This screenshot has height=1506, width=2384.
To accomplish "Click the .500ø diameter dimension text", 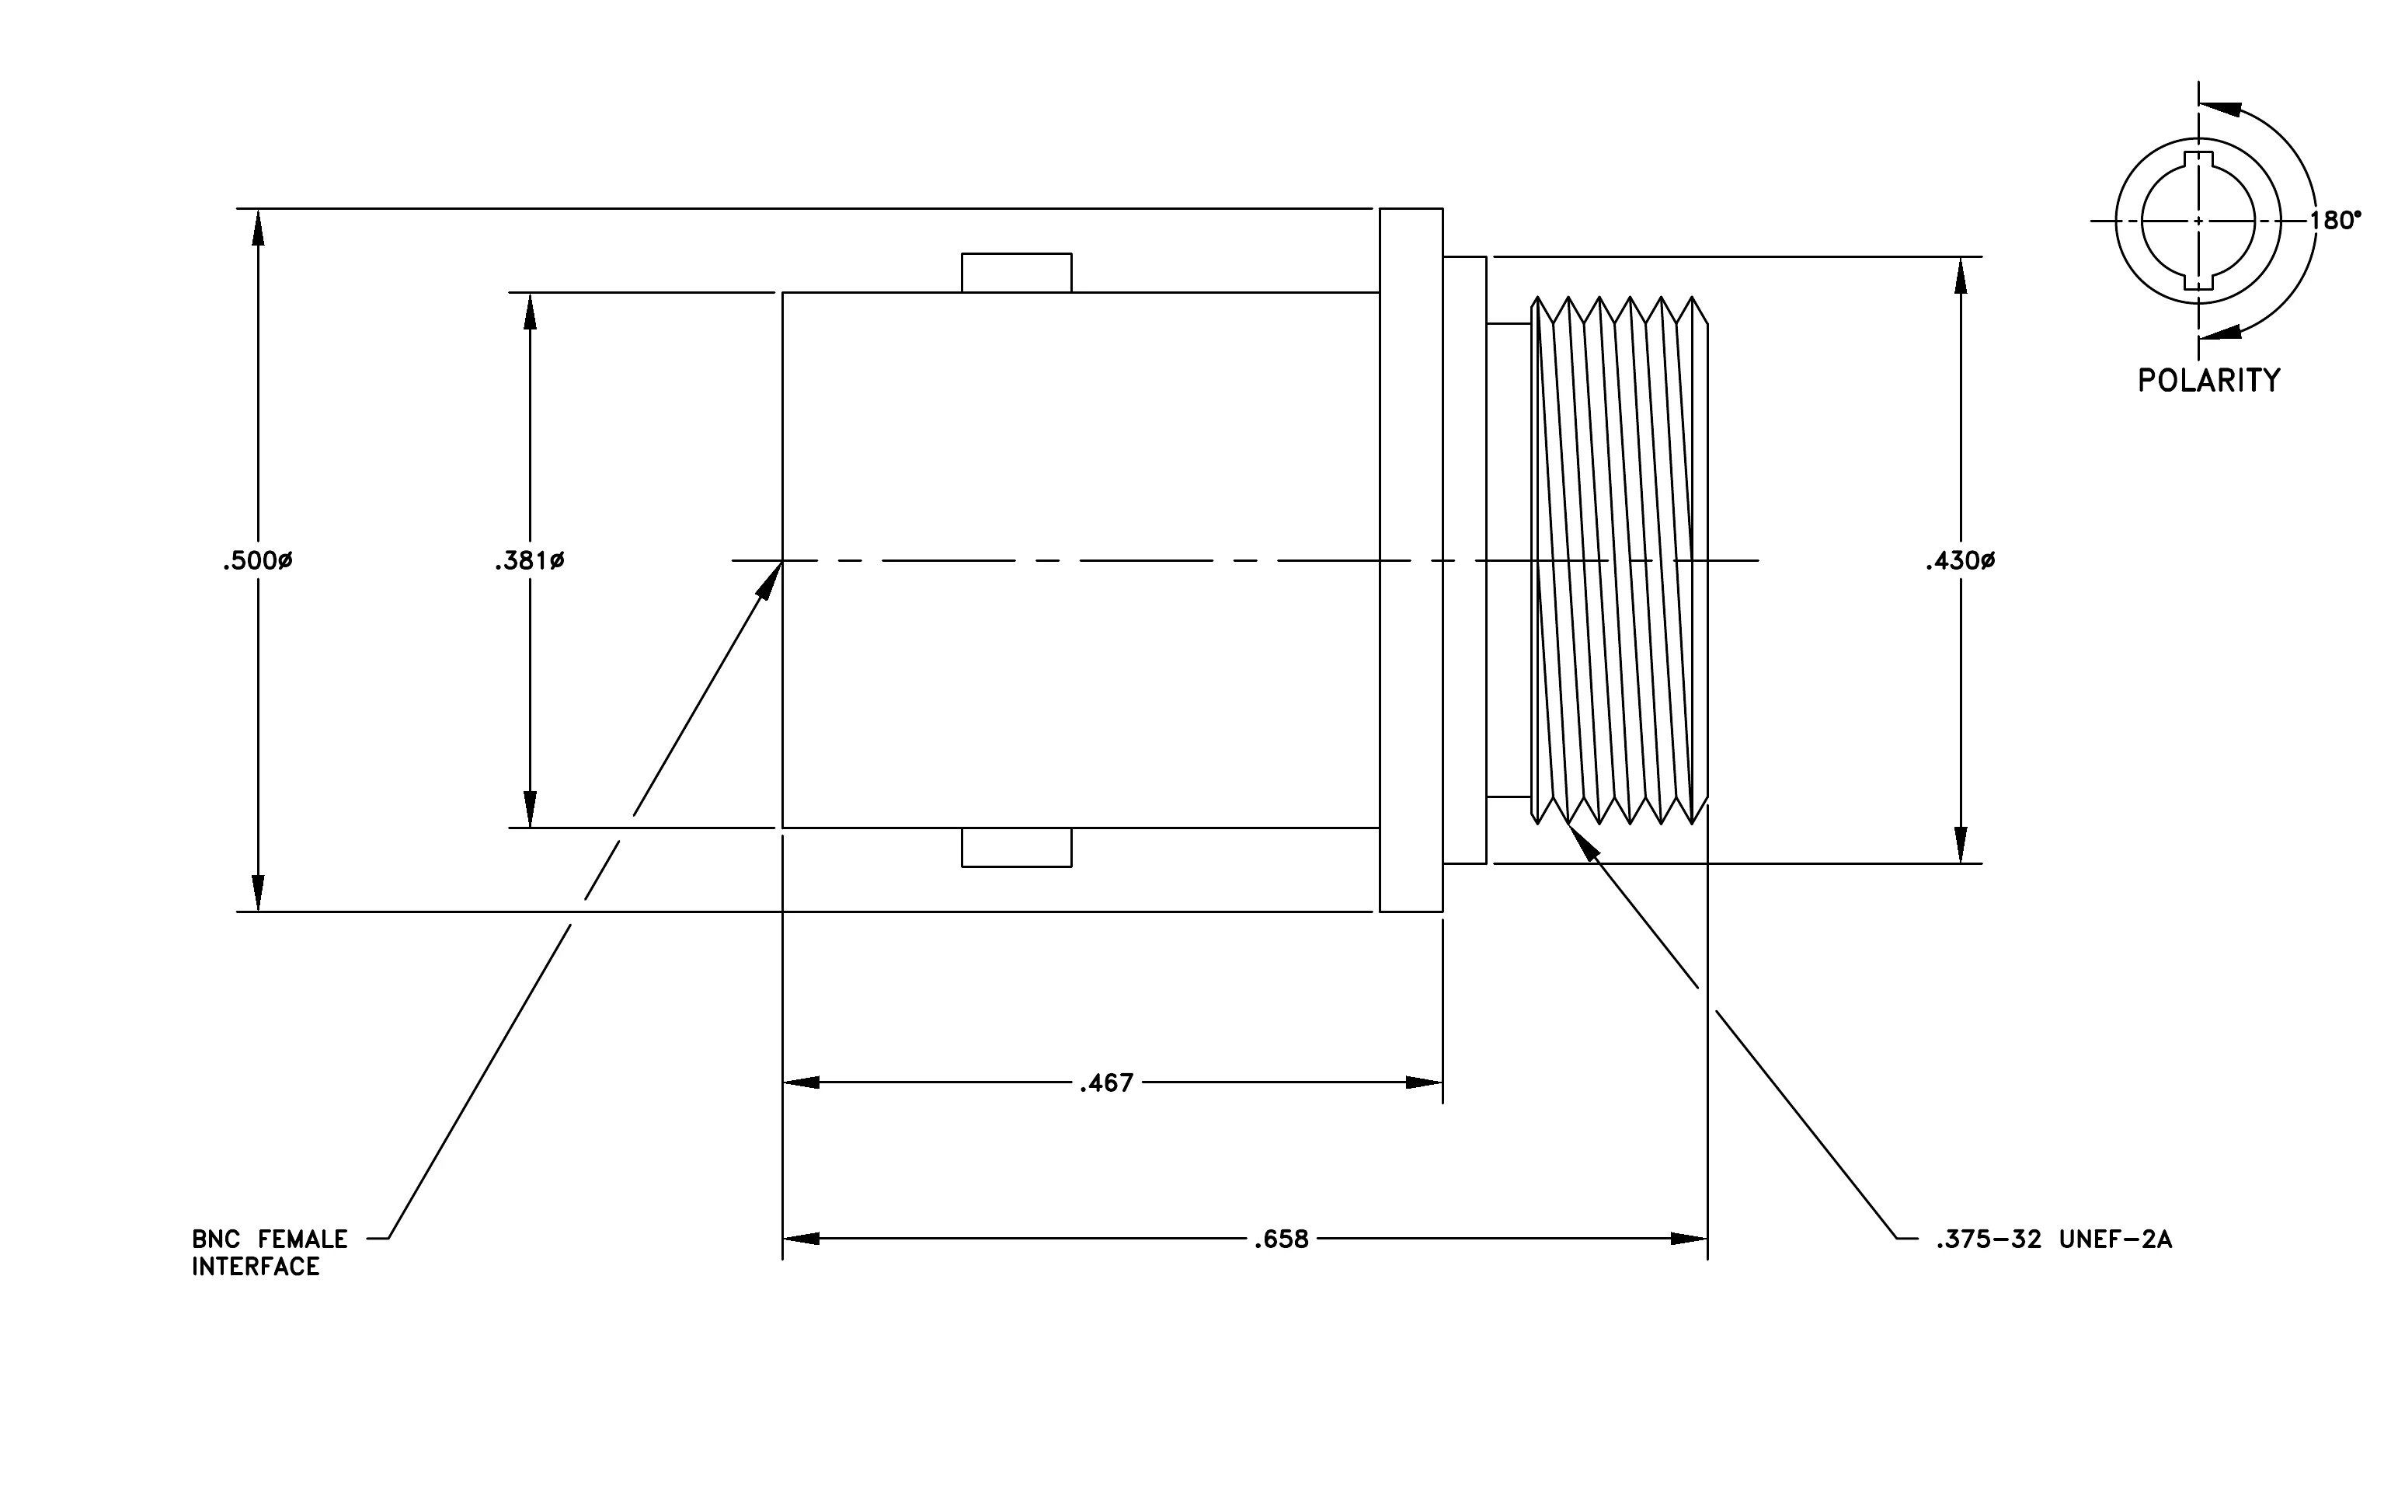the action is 257,561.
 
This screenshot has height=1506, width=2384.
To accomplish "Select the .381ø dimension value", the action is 530,561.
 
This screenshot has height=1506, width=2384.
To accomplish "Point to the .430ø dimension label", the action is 1961,561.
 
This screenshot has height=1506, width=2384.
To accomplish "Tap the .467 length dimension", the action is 1106,1083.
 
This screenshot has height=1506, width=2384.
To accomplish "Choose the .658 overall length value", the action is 1281,1239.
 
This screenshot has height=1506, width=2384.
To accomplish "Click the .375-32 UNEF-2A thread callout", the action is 2055,1239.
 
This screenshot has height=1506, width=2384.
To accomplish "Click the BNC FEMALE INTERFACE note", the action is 270,1253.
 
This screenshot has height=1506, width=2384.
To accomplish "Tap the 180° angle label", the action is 2336,220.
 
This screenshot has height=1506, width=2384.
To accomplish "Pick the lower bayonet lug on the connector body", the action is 1017,848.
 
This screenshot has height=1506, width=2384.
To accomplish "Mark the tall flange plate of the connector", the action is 1411,560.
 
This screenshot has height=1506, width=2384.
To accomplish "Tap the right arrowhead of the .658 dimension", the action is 1689,1239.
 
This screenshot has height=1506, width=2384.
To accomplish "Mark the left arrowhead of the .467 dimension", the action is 802,1083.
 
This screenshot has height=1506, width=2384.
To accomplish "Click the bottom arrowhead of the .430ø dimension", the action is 1961,845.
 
